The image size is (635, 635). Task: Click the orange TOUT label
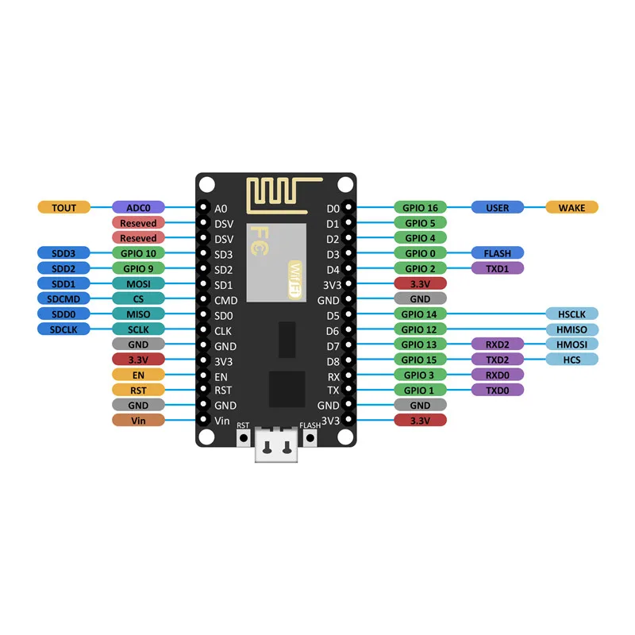63,208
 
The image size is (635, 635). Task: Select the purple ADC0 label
138,208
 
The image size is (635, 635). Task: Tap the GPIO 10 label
138,253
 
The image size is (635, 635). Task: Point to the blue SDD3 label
63,253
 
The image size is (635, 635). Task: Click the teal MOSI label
138,284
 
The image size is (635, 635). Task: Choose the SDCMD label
63,299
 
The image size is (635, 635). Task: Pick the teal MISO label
138,314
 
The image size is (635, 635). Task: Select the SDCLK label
63,329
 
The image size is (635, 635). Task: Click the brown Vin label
138,420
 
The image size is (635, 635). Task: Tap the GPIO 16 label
420,208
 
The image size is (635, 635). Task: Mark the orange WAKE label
571,208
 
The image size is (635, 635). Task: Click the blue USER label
498,208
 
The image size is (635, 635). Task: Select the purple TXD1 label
498,268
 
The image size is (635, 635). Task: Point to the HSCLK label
571,314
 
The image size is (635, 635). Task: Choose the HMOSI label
571,344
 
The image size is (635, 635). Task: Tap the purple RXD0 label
498,375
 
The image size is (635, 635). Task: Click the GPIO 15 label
420,360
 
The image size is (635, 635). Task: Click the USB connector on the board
276,446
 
